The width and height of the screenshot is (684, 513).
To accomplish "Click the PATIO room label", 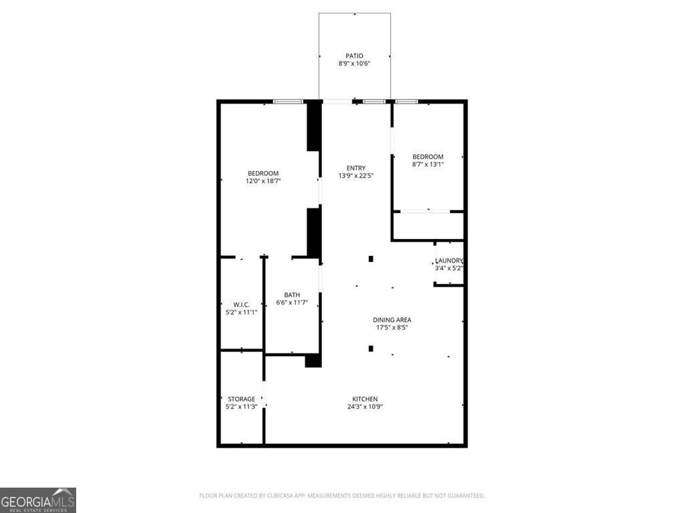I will point(354,55).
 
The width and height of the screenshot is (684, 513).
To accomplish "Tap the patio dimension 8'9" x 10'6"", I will point(354,63).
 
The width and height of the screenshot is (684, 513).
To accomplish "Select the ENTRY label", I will point(355,168).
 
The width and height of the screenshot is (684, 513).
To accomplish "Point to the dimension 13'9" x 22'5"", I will point(355,176).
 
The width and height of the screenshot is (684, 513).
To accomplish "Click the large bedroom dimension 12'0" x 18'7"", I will point(263,180).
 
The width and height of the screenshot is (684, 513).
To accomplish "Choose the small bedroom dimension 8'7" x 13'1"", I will point(427,164).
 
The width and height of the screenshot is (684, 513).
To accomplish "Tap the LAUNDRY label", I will point(448,261).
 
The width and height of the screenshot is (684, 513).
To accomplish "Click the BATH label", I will point(292,295).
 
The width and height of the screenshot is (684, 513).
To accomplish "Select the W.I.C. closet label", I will point(241,304).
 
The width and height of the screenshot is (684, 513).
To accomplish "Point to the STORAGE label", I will point(241,399).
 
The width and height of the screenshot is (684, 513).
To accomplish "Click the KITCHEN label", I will point(365,399).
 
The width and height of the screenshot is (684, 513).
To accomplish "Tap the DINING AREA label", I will point(391,319).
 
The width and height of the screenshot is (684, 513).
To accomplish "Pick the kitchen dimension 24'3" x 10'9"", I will point(365,407).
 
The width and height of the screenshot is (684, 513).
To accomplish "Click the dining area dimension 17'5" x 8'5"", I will point(391,327).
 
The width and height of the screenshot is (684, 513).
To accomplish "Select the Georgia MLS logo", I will point(38,500).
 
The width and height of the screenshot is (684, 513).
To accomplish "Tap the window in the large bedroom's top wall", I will point(288,102).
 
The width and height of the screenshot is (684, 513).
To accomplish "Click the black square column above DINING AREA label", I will point(371,259).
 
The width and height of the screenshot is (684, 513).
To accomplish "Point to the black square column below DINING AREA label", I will point(371,348).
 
